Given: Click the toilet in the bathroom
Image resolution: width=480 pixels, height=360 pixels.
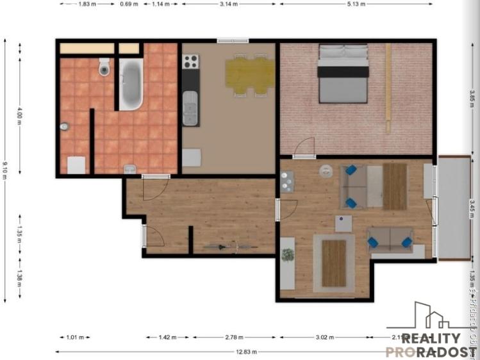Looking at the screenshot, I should tap(104, 66).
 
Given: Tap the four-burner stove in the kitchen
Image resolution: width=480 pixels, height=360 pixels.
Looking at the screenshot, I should tap(190, 62).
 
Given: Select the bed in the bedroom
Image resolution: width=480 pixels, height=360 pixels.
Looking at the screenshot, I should tap(343, 74).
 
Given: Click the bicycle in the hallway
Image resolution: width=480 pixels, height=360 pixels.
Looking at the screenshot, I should tap(220, 245).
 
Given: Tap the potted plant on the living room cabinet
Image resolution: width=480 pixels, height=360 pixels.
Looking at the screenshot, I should tap(288, 255).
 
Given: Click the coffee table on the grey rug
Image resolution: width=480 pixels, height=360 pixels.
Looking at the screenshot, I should tap(333, 263).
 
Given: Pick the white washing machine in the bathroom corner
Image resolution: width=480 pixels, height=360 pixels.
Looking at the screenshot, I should tap(77, 165).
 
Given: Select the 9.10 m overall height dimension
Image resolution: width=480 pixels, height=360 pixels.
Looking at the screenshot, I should tap(6, 171).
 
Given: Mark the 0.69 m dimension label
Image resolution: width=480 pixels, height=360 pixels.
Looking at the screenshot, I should tap(129, 4).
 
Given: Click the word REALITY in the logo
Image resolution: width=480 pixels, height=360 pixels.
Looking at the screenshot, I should tap(431, 339).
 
